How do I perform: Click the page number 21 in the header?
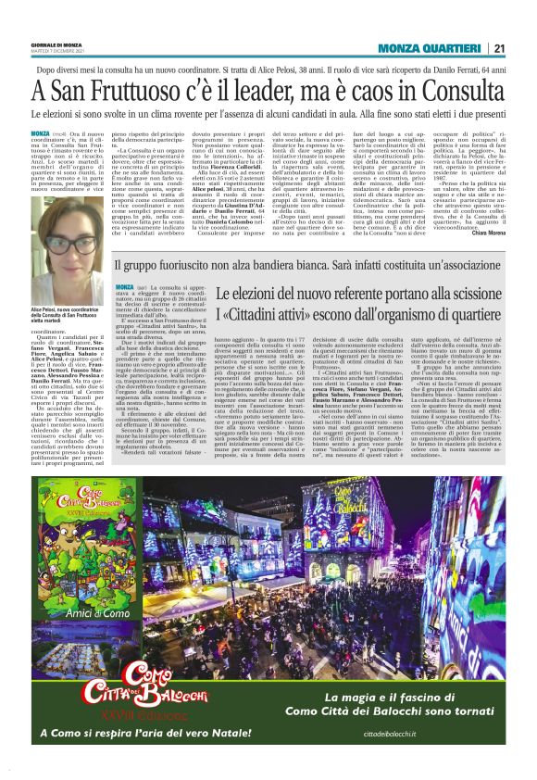499,49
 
